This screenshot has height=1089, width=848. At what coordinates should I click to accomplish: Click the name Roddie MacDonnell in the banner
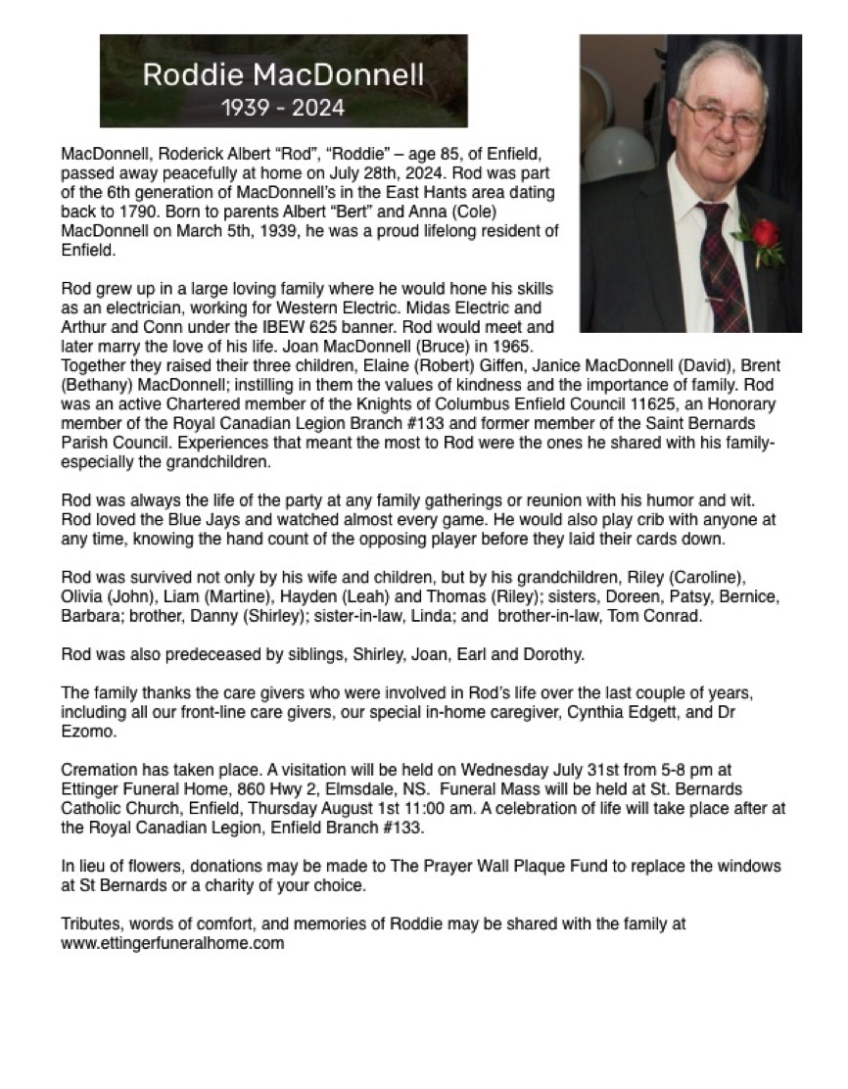coord(283,74)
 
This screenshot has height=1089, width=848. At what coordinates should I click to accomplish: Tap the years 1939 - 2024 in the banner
coord(283,108)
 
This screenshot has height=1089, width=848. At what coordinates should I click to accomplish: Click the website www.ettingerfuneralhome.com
coord(172,944)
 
